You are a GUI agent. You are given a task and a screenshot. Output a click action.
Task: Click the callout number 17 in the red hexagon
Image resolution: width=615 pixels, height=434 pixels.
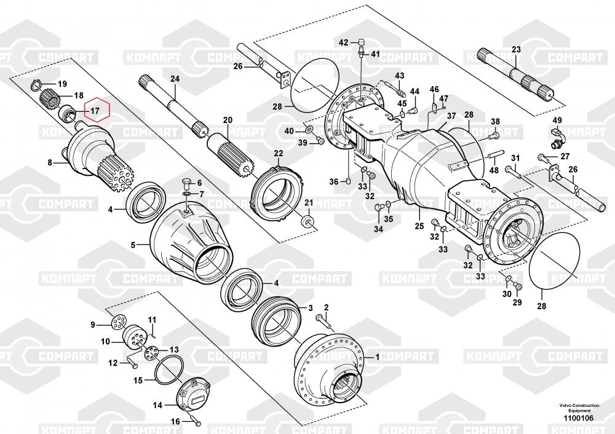94,111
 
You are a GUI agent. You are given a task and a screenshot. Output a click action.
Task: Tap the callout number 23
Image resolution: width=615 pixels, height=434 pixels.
516,50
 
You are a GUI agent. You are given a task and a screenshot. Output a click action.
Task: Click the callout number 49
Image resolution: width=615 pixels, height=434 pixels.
557,120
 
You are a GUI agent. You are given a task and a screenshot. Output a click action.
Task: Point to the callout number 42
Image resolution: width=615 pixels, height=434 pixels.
344,42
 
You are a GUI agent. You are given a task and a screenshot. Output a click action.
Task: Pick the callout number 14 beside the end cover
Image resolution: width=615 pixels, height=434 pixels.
157,405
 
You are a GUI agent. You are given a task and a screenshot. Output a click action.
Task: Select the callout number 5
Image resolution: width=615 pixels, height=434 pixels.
132,245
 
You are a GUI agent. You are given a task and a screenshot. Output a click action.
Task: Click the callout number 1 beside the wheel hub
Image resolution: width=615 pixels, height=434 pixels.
378,356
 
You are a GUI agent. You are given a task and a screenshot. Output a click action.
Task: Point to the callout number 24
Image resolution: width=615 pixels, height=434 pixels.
175,79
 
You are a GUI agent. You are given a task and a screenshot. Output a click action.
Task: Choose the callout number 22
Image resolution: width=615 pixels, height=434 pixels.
279,153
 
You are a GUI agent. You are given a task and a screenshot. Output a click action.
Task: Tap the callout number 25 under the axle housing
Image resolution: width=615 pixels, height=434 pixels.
419,226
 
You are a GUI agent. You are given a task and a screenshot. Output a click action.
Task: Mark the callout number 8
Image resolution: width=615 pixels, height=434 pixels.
51,163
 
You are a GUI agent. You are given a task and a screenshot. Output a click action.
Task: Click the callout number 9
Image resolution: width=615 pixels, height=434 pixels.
93,325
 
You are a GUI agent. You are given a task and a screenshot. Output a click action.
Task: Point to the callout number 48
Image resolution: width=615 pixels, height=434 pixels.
494,170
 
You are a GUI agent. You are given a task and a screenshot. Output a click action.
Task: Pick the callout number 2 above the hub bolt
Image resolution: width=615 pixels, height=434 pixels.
327,307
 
